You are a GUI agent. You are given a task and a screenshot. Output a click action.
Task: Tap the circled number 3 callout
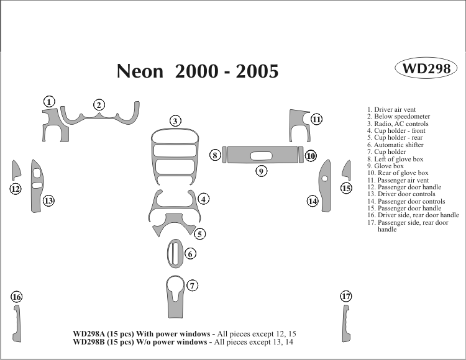(176, 121)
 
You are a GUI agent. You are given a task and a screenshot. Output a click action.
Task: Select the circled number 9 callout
(262, 171)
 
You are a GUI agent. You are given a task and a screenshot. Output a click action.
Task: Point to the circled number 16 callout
(17, 297)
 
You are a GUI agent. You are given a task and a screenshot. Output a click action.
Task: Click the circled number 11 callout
(316, 119)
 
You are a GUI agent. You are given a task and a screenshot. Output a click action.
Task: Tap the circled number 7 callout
(193, 286)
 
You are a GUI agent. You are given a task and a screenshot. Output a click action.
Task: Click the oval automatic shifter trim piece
(174, 253)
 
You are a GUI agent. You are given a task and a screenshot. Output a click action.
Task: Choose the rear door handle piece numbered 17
(343, 323)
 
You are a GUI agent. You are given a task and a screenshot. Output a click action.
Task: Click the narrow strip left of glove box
(224, 155)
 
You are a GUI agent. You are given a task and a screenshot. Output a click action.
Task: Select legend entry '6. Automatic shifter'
(395, 145)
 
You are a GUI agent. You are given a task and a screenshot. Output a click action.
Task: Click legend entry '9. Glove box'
(385, 166)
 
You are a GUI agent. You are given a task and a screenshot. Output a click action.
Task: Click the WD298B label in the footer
(91, 342)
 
